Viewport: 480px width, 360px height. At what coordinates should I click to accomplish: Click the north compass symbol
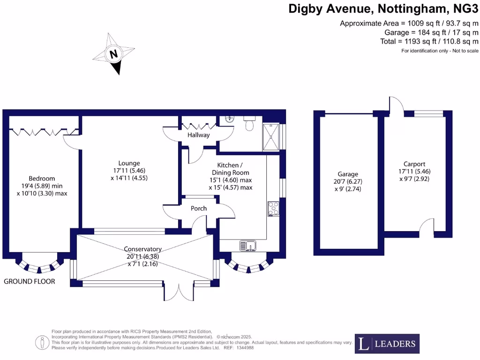coord(113,54)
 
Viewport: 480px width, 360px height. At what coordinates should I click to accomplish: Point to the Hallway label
coord(198,135)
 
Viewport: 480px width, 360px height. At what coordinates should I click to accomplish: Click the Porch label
coord(199,208)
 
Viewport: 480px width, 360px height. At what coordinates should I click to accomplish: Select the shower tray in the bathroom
coord(271,137)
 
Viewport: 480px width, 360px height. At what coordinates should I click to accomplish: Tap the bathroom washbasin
coord(229,119)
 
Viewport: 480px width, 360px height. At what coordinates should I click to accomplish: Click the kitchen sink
coord(247,245)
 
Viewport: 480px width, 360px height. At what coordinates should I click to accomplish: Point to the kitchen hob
coord(273,209)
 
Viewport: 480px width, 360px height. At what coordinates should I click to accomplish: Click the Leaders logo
coord(387,344)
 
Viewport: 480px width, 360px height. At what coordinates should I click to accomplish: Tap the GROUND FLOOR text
coord(30,281)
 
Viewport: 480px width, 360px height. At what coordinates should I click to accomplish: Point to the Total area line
coord(429,41)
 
